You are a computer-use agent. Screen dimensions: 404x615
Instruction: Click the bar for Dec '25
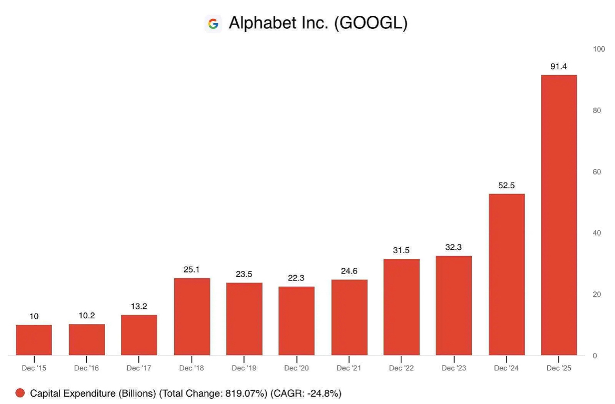point(559,215)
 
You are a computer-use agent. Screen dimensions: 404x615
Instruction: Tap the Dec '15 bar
point(34,340)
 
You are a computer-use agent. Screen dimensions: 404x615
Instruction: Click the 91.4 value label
point(559,66)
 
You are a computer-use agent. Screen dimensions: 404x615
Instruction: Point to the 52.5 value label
point(507,185)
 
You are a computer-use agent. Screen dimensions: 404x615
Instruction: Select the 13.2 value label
point(139,306)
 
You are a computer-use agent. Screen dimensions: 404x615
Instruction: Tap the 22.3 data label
point(296,278)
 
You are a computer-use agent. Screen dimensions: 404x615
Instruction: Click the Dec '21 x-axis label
point(349,368)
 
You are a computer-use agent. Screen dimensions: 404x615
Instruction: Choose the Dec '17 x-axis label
point(139,368)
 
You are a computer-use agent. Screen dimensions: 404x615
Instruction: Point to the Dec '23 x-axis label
point(453,368)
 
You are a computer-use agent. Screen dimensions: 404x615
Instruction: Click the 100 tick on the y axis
point(599,49)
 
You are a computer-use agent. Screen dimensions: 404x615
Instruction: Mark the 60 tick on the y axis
point(597,172)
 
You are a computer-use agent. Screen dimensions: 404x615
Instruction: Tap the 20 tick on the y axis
point(597,295)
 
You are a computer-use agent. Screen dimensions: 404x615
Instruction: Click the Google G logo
point(213,24)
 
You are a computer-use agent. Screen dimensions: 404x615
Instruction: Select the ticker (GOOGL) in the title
point(371,23)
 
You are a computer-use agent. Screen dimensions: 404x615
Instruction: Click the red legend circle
point(20,393)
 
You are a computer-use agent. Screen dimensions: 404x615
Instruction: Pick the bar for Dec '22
point(401,307)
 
